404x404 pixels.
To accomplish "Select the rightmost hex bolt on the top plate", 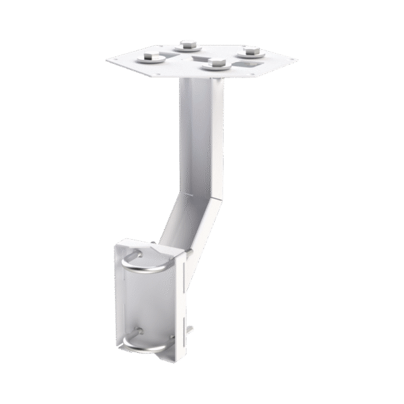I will point(250,50).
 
